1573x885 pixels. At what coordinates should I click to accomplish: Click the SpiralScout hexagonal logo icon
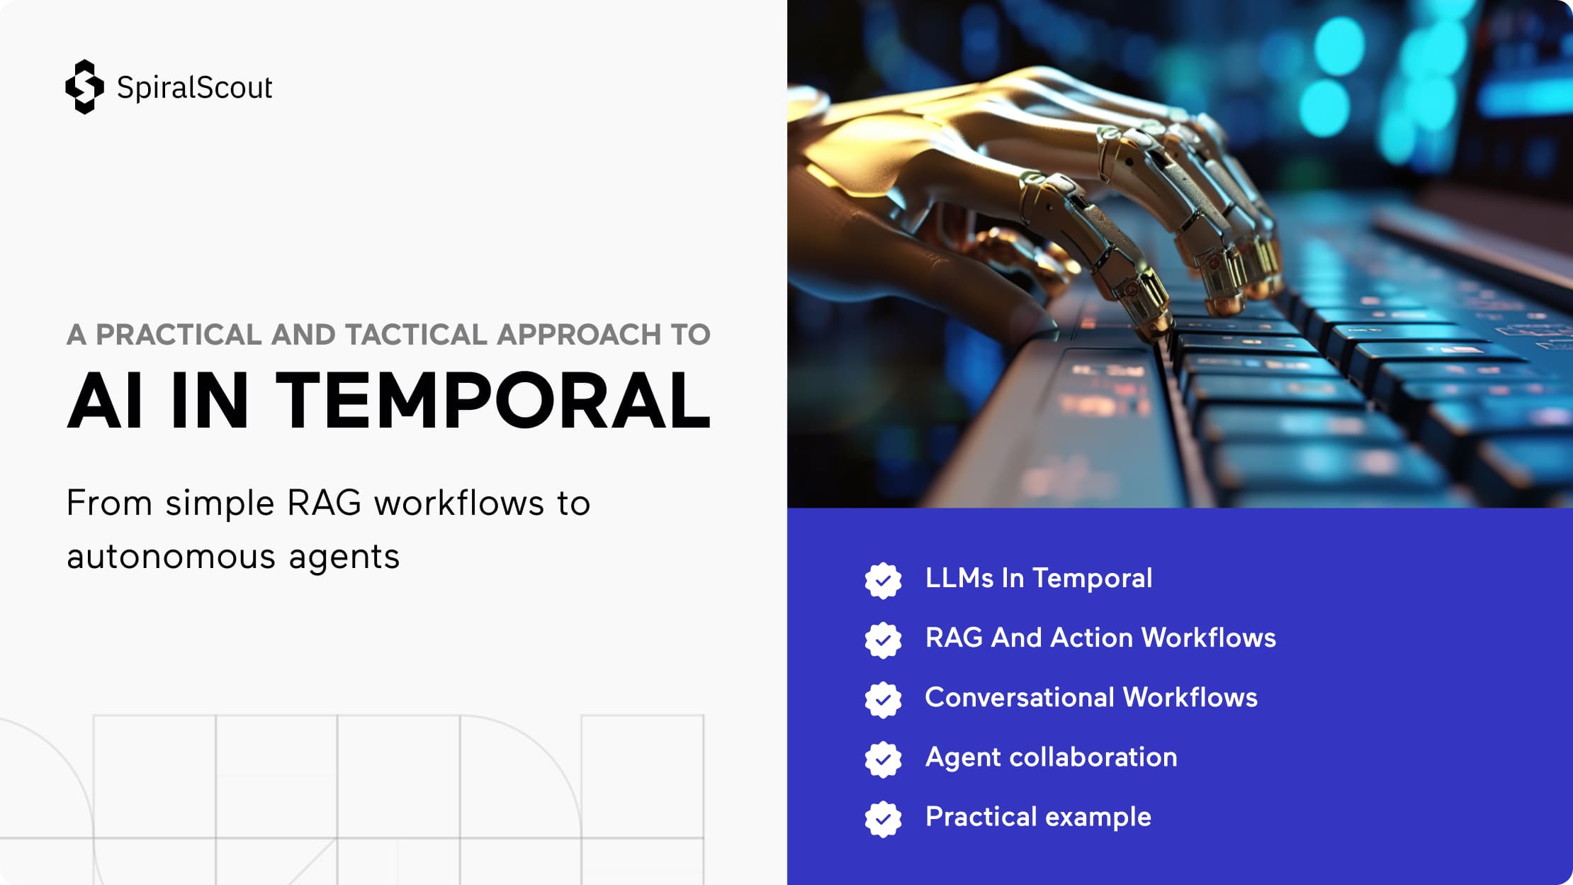coord(84,87)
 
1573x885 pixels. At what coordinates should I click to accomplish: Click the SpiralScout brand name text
coord(195,88)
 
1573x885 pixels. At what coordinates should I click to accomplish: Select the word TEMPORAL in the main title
coord(492,401)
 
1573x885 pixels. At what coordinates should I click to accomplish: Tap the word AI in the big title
coord(104,401)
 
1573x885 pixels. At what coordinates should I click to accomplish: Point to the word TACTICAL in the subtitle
coord(416,335)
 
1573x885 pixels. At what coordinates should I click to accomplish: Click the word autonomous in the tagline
coord(171,557)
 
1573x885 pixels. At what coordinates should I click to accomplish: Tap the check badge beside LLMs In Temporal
coord(883,581)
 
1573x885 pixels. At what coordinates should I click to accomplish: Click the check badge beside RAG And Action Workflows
coord(883,640)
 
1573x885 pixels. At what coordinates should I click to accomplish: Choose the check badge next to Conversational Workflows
coord(883,700)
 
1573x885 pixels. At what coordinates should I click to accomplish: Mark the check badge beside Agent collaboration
coord(883,759)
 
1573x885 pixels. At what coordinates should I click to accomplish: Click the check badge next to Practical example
coord(883,819)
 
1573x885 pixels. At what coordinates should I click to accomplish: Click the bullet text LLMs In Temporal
coord(1039,579)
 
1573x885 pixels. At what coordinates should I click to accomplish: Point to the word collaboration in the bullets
coord(1093,757)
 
